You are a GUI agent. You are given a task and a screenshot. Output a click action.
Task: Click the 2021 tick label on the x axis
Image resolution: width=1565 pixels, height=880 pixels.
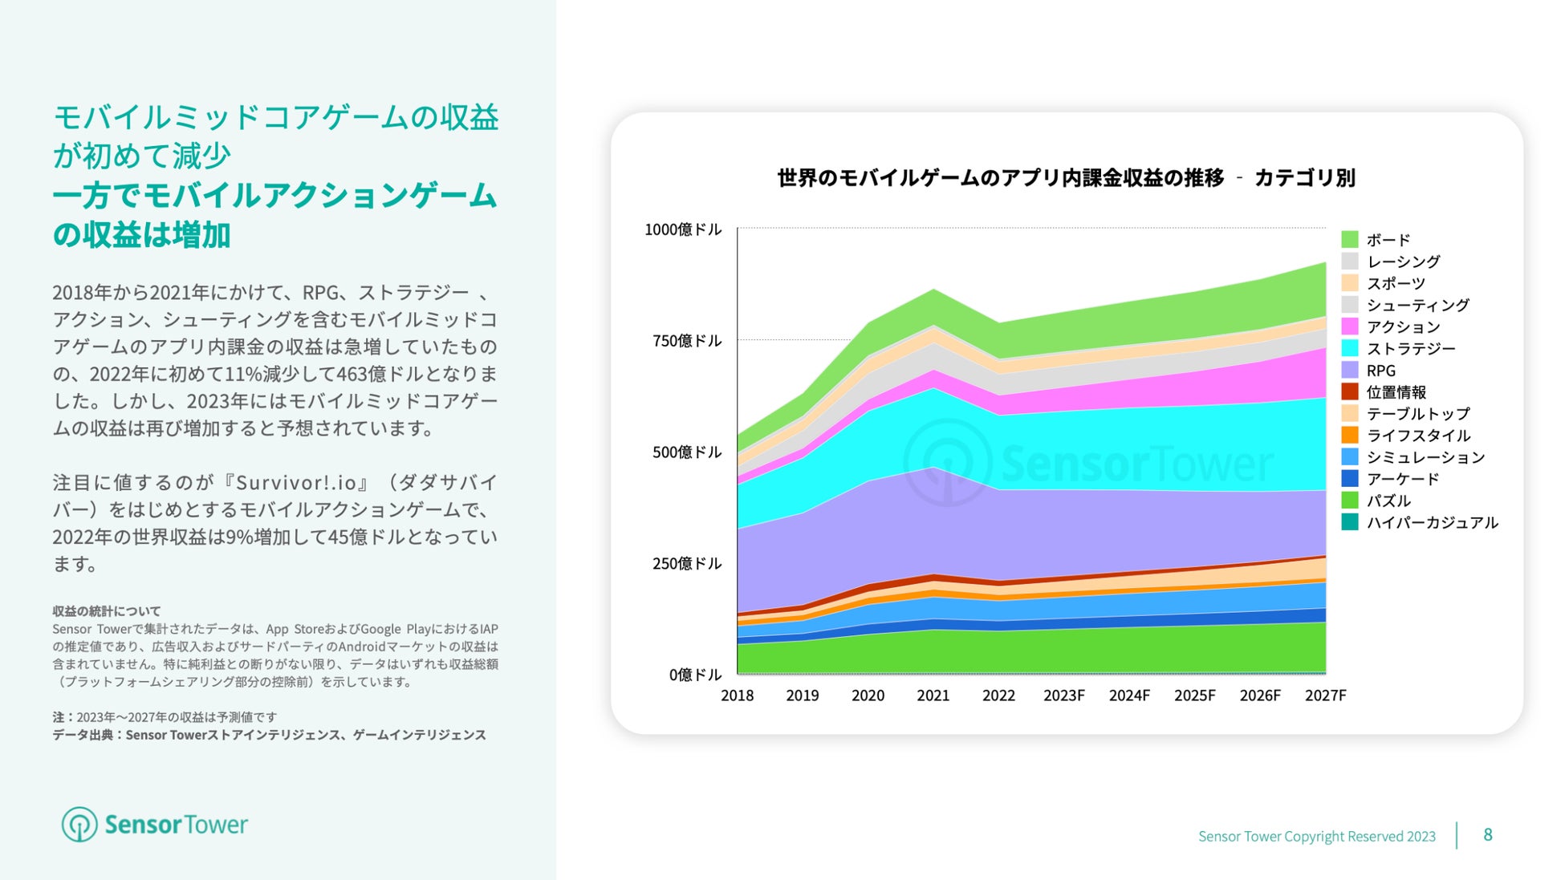point(933,695)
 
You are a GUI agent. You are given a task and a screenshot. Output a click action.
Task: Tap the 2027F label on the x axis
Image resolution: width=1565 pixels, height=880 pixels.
point(1325,695)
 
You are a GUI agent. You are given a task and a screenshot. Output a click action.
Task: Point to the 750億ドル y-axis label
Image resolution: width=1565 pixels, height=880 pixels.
point(687,341)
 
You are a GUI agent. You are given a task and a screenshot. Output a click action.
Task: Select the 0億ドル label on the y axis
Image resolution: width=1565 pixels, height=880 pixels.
point(695,675)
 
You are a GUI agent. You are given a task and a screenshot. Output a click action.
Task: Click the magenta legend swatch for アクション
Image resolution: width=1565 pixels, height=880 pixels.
point(1350,326)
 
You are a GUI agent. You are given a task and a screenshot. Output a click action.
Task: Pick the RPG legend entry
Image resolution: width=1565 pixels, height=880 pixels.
point(1380,371)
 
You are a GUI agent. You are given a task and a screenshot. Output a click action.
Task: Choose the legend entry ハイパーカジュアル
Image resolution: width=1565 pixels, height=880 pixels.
point(1432,523)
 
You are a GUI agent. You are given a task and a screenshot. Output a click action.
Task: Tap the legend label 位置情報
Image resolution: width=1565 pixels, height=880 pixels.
point(1396,392)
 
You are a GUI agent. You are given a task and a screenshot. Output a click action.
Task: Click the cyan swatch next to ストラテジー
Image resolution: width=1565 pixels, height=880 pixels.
point(1350,348)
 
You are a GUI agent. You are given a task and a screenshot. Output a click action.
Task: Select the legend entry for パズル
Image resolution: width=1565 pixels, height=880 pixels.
point(1388,501)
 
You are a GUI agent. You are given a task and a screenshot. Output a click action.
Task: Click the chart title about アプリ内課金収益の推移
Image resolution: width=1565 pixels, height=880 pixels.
point(1066,178)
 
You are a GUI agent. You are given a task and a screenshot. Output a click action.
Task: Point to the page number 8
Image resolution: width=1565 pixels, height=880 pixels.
point(1487,835)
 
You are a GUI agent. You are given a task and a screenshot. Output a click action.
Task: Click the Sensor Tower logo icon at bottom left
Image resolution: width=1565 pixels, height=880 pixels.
point(79,825)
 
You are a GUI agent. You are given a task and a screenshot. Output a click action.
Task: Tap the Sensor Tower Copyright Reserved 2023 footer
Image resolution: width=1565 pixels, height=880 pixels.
point(1316,837)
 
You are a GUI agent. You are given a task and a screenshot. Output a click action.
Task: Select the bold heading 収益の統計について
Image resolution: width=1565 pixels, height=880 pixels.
point(107,610)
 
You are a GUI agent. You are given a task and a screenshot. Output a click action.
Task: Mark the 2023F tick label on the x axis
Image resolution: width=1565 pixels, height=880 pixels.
point(1063,695)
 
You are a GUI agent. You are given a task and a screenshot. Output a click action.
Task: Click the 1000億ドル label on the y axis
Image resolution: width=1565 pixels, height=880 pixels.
point(683,229)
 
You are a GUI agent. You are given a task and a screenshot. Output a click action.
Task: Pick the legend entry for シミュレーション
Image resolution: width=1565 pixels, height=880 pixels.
point(1425,457)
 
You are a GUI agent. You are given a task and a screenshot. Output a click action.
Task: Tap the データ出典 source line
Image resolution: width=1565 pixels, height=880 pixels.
point(269,735)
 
